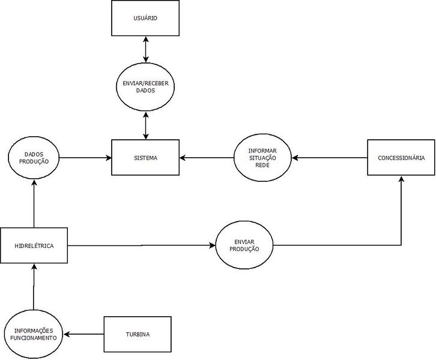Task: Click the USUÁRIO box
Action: click(x=145, y=18)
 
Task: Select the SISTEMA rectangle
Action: click(x=145, y=158)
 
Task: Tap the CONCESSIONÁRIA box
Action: click(x=401, y=158)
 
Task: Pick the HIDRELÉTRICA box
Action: click(x=34, y=245)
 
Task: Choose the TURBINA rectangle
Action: click(x=138, y=334)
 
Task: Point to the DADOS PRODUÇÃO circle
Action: click(x=34, y=158)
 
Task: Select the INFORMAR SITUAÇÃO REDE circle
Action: click(x=262, y=158)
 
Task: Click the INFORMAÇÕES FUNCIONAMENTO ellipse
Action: click(x=34, y=334)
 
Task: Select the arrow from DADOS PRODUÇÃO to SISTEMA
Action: click(x=86, y=158)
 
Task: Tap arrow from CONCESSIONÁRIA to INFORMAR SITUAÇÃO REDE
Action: click(x=329, y=158)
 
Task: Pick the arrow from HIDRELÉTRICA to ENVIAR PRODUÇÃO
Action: click(x=141, y=245)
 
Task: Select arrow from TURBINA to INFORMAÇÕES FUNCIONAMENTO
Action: click(x=84, y=334)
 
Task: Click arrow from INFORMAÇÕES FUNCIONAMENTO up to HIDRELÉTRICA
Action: click(x=34, y=287)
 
